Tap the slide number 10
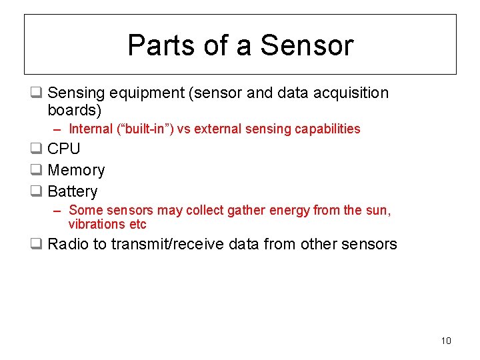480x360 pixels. point(446,341)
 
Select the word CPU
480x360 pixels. point(64,149)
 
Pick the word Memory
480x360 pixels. point(76,170)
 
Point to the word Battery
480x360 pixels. point(73,191)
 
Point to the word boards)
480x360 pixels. point(75,110)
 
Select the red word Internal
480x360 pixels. point(91,129)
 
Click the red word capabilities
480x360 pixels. point(325,129)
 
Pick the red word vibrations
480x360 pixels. point(97,224)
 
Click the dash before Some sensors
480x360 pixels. point(58,211)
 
